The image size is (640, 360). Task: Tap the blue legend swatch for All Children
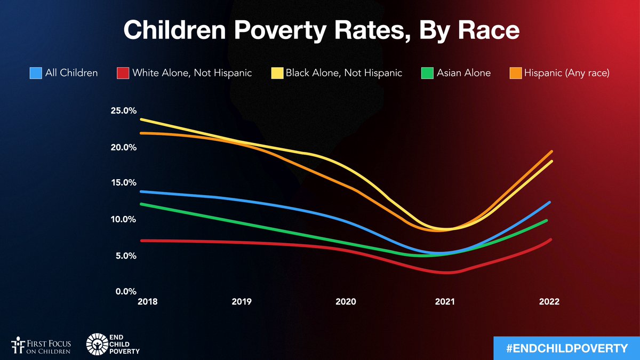36,73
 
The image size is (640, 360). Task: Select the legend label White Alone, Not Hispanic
192,73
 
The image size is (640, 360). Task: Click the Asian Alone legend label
463,73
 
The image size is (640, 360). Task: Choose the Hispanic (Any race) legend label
566,73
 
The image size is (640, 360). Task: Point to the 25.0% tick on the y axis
124,111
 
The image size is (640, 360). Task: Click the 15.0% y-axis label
124,183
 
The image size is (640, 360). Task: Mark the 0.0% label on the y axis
124,292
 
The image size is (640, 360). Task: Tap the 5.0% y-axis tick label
124,256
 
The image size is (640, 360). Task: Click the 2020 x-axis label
346,302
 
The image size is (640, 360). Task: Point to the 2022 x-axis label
549,302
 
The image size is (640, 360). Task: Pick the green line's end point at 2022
546,220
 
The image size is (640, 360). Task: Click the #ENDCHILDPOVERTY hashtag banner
566,348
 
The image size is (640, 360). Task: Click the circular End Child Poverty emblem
99,345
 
